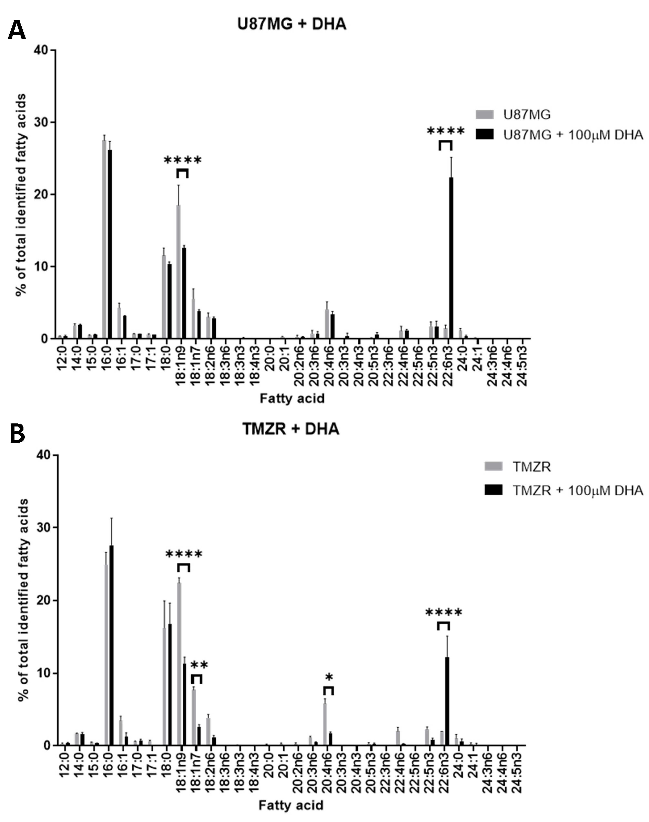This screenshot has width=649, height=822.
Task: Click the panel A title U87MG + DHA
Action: [291, 24]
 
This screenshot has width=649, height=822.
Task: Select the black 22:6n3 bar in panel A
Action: [451, 258]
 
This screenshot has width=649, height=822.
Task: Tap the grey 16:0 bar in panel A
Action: [104, 239]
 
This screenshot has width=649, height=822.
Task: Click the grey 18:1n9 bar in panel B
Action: [179, 664]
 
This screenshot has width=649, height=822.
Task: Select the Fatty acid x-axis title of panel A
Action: [292, 398]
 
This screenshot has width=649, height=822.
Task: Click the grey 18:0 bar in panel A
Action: [164, 296]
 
